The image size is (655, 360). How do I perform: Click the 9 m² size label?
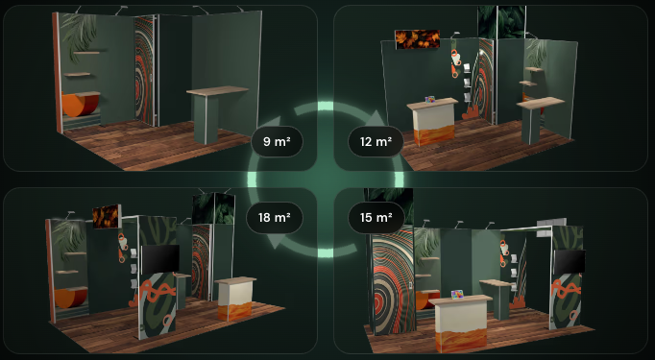pyautogui.click(x=277, y=141)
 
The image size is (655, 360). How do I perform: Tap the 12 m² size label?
pyautogui.click(x=376, y=141)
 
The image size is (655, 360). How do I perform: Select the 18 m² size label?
pyautogui.click(x=274, y=218)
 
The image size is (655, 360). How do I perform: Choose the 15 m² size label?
pyautogui.click(x=376, y=218)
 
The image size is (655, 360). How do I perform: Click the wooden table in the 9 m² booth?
pyautogui.click(x=216, y=112)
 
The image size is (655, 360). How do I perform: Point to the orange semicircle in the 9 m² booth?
pyautogui.click(x=80, y=105)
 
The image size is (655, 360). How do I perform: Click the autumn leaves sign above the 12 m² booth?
pyautogui.click(x=418, y=39)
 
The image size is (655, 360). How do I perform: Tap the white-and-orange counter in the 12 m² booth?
pyautogui.click(x=432, y=121)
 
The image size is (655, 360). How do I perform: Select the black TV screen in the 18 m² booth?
pyautogui.click(x=160, y=259)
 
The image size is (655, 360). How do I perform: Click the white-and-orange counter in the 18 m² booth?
pyautogui.click(x=235, y=299)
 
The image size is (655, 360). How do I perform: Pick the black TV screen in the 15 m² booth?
pyautogui.click(x=570, y=261)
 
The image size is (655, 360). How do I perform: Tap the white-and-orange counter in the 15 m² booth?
pyautogui.click(x=461, y=323)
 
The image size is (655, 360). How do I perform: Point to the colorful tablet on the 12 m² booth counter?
pyautogui.click(x=430, y=100)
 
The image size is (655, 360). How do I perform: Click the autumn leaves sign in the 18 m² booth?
pyautogui.click(x=107, y=216)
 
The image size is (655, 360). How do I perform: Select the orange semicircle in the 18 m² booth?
pyautogui.click(x=71, y=299)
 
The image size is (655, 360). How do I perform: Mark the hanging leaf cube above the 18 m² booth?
pyautogui.click(x=213, y=208)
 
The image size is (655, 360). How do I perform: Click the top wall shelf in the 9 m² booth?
pyautogui.click(x=86, y=53)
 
